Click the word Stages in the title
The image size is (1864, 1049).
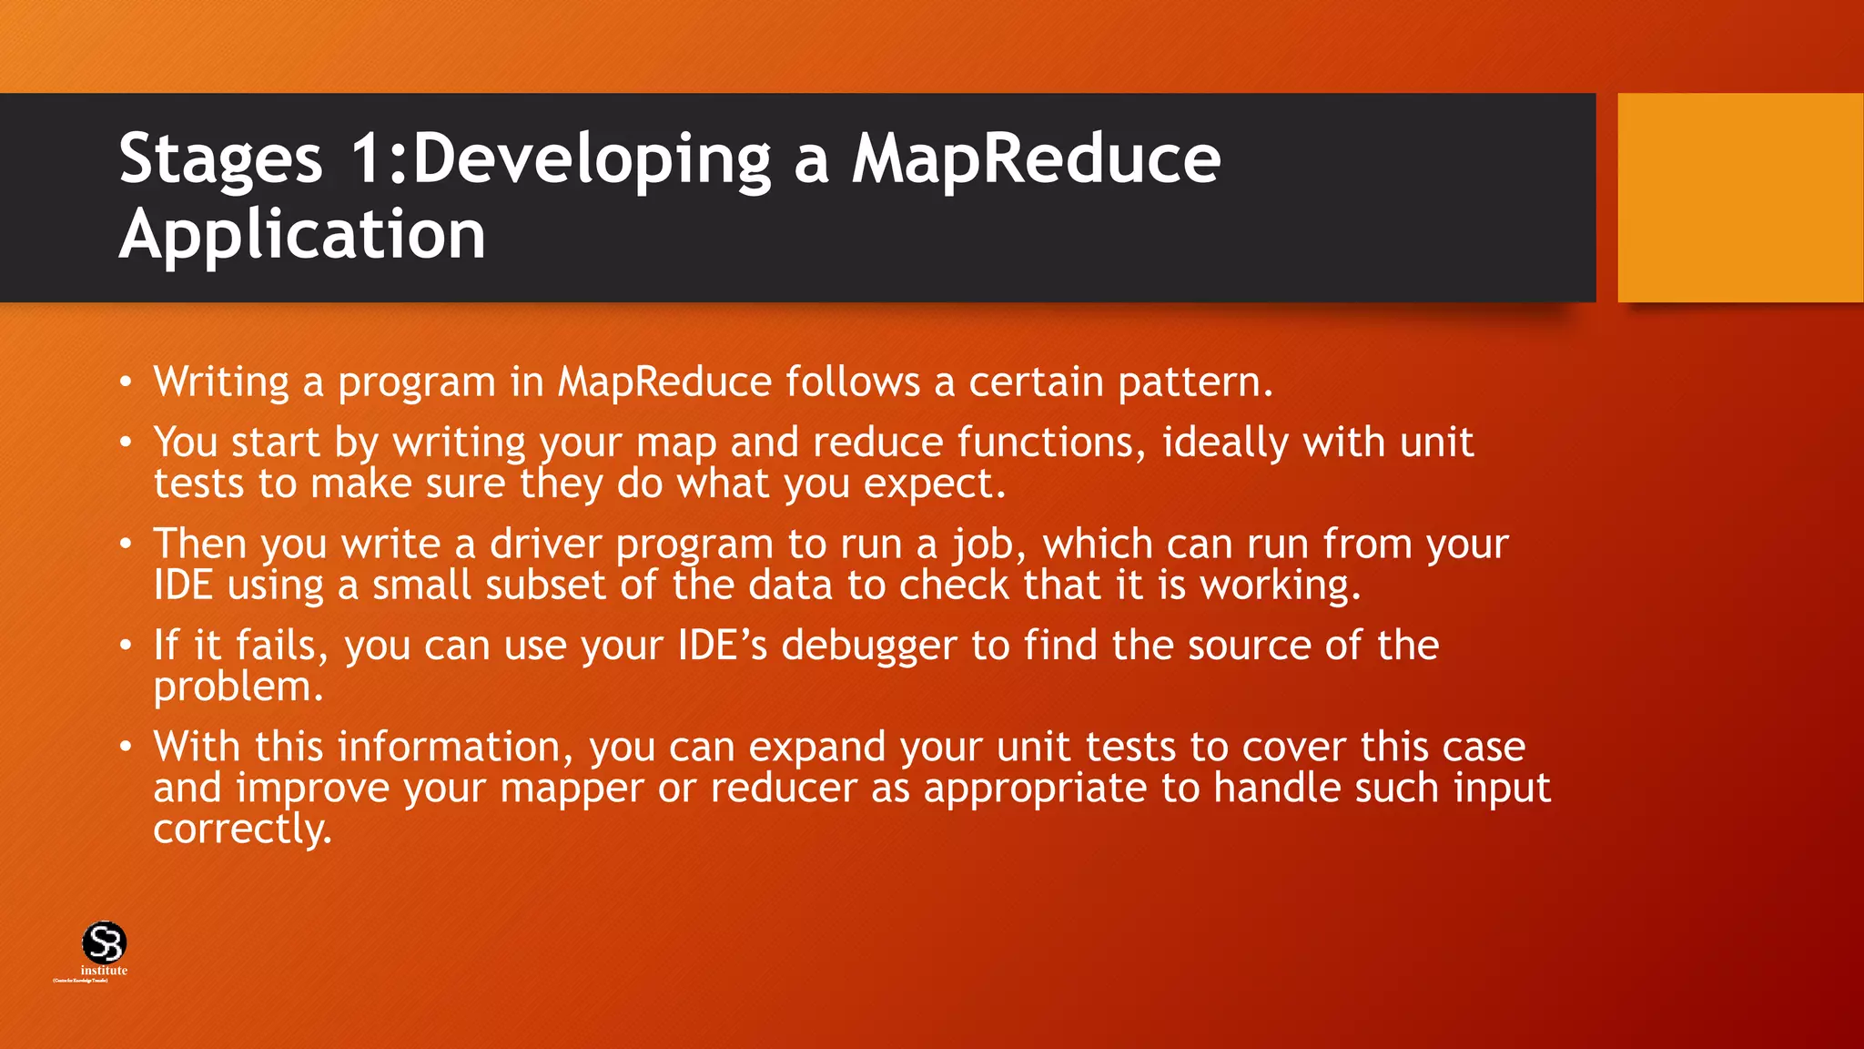pos(220,160)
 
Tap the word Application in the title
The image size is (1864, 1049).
pos(302,235)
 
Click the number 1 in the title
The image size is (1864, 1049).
pos(369,158)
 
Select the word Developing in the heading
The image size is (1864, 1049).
pos(593,160)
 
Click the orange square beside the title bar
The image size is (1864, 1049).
pos(1739,198)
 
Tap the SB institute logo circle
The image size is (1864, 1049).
pos(104,942)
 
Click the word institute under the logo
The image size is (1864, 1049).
pos(104,971)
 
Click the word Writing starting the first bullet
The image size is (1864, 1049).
pos(221,382)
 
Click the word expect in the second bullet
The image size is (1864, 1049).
pos(933,484)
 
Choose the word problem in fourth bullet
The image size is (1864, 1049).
pos(237,687)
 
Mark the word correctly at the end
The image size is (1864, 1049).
pos(241,830)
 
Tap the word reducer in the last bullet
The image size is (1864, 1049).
pos(784,789)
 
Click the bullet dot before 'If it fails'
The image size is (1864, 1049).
pos(126,647)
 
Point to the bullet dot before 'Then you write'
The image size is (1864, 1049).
pos(126,545)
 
